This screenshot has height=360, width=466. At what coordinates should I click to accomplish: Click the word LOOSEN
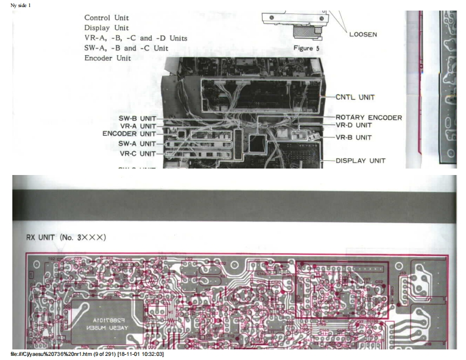click(363, 34)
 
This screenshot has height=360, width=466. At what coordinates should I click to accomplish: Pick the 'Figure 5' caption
click(306, 48)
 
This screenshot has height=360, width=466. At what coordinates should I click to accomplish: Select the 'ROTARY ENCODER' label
click(368, 117)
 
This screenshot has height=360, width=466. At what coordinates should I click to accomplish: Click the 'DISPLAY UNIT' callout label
click(360, 160)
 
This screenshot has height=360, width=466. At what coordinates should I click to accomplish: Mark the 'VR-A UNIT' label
click(138, 126)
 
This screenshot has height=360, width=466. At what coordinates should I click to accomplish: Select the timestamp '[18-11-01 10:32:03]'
click(141, 355)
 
